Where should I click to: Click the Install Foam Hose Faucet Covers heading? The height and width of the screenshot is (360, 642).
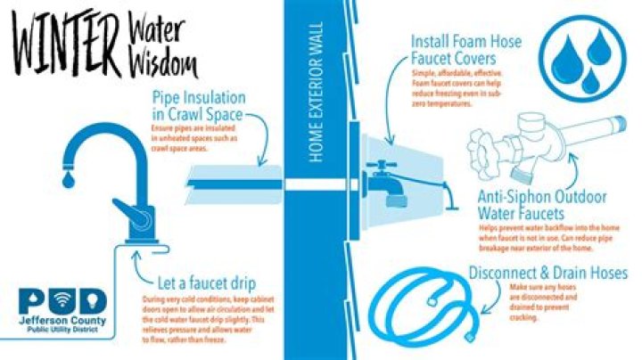[x=466, y=50]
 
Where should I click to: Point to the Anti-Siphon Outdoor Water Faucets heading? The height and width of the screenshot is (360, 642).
[x=543, y=205]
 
